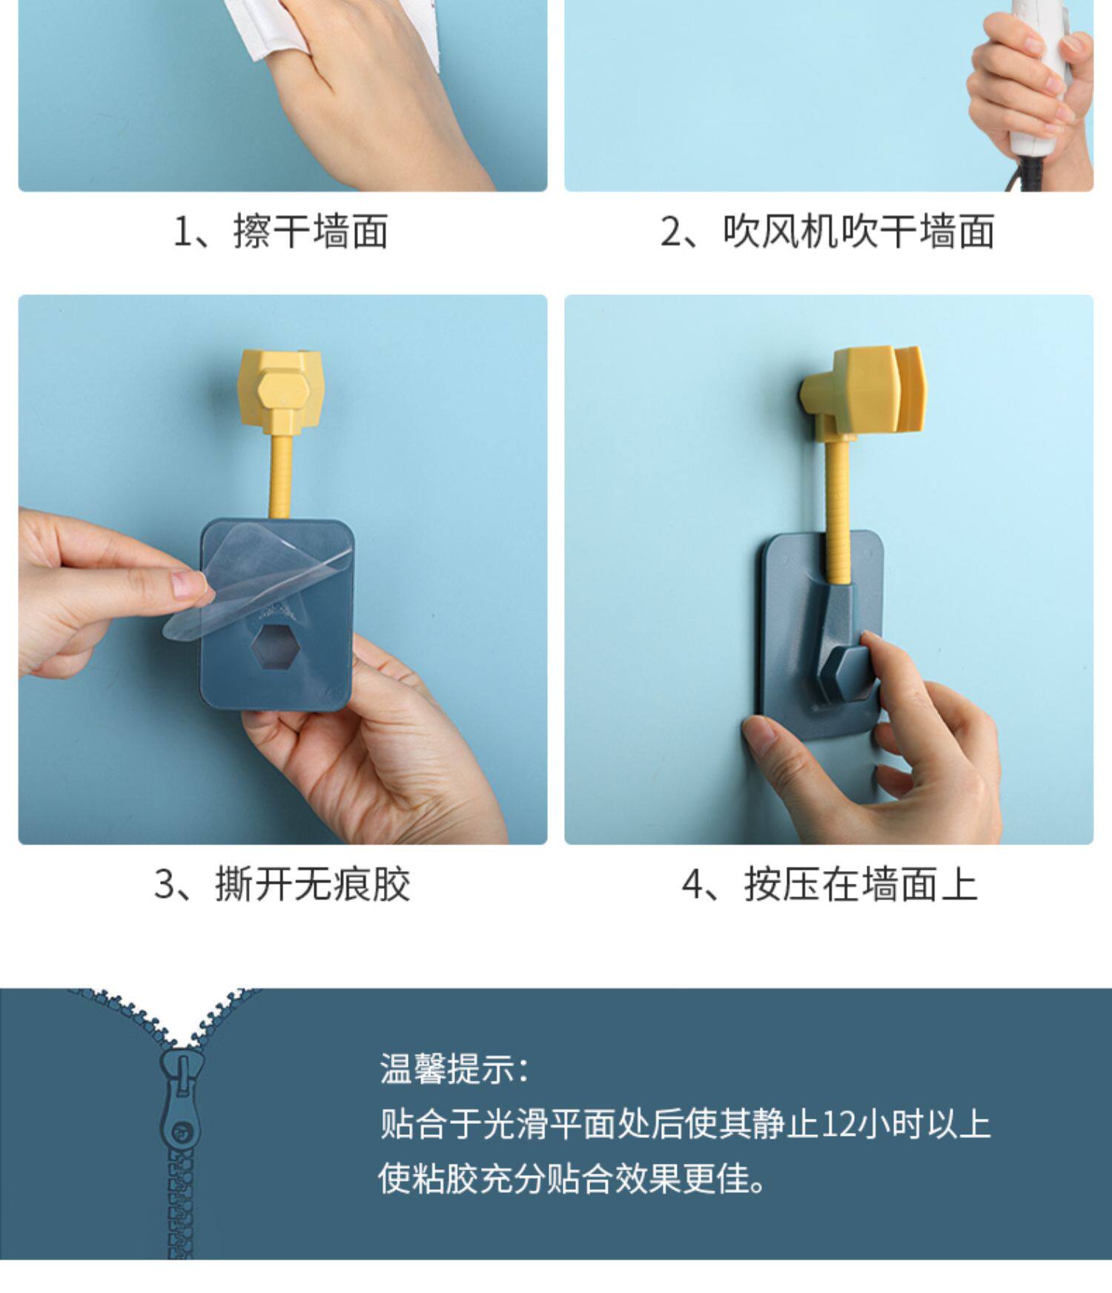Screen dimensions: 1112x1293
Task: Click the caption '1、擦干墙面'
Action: coord(280,231)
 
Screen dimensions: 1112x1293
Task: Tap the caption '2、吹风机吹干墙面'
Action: coord(827,231)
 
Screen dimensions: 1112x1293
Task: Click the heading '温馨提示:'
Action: coord(454,1069)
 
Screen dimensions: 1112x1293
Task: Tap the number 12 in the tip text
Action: coord(839,1123)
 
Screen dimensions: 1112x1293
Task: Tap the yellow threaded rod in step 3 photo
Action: coord(282,474)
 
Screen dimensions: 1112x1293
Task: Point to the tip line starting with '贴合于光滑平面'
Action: coord(685,1123)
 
